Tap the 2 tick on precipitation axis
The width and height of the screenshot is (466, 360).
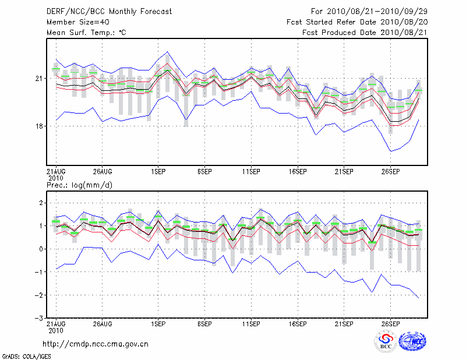point(40,203)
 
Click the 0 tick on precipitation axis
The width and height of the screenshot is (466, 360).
point(40,249)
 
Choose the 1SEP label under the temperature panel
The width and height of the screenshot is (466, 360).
point(158,172)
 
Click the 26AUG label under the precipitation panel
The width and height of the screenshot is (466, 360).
point(102,323)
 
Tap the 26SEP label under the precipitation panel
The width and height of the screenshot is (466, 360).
point(390,323)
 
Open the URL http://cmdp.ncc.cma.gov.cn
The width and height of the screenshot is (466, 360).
point(96,344)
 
